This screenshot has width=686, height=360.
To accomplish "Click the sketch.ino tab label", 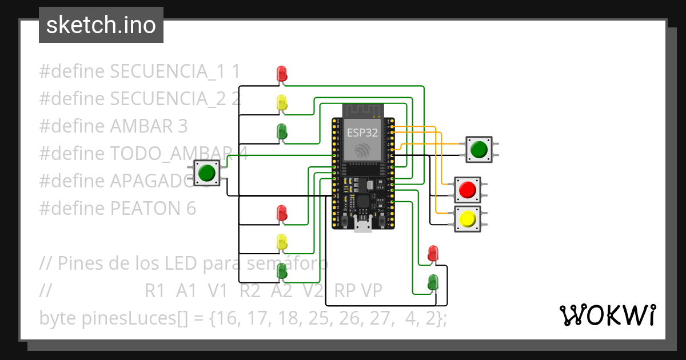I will click(101, 25).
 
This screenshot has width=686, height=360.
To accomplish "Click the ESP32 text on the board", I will click(361, 134).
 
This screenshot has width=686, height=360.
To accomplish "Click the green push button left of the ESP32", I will click(207, 173).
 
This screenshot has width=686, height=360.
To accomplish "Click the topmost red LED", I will click(282, 73).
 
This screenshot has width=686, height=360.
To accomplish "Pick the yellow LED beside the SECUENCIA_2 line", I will click(282, 103).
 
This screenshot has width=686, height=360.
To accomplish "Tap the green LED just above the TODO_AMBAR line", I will click(282, 131).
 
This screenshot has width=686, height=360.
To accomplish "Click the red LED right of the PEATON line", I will click(282, 213).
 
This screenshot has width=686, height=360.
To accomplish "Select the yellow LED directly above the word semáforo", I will click(282, 242).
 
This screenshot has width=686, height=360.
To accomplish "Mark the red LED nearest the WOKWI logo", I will click(433, 253).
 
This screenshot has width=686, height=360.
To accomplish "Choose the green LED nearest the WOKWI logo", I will click(433, 282).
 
